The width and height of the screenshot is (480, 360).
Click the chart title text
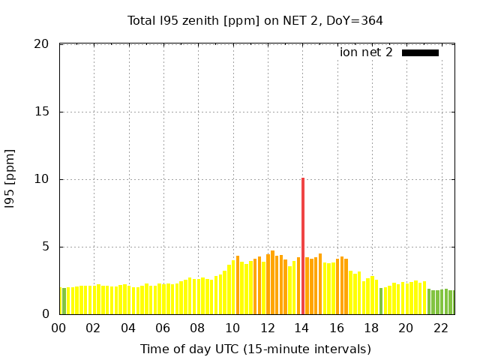[x=255, y=20]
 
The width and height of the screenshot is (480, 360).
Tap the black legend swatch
[x=420, y=52]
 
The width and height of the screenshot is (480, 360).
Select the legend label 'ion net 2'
[x=366, y=52]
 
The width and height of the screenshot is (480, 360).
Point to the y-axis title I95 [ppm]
[x=10, y=179]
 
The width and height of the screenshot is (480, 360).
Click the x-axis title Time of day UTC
[x=255, y=349]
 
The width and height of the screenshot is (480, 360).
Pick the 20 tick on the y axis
[x=42, y=44]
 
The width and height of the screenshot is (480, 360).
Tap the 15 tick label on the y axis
[x=42, y=112]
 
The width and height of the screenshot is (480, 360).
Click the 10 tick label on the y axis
[x=42, y=179]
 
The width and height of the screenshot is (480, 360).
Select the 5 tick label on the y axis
[x=45, y=247]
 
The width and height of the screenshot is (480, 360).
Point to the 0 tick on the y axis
[x=45, y=314]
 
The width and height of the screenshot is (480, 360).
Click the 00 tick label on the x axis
[x=58, y=328]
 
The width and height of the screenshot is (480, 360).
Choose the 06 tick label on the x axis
[x=163, y=328]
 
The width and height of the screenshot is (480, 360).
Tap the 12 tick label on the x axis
[x=267, y=328]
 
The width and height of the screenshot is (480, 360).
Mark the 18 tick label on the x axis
[x=371, y=328]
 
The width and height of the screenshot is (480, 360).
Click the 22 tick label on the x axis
[x=441, y=328]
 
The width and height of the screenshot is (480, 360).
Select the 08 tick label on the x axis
[x=197, y=328]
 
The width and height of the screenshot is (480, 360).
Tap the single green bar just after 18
[x=381, y=301]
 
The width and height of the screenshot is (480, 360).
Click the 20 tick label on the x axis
[x=406, y=328]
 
